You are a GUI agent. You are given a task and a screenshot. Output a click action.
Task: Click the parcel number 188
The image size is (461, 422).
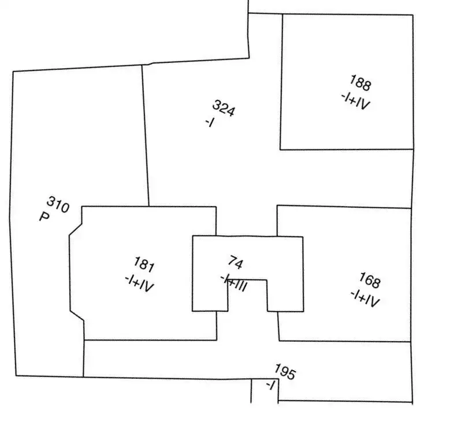point(360,83)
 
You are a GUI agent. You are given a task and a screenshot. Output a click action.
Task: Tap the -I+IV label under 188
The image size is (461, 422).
point(355,101)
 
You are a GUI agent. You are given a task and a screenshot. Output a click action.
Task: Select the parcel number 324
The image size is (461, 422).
point(224,108)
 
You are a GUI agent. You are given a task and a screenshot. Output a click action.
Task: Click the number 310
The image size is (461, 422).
point(58,204)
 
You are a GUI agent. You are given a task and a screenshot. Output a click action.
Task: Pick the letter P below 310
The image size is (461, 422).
point(44,217)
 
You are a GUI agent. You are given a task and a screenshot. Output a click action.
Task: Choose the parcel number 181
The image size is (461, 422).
point(144,264)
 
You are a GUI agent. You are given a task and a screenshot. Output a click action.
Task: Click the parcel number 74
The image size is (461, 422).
point(236,262)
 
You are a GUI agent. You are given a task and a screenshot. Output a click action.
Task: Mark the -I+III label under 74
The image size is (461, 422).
point(234,283)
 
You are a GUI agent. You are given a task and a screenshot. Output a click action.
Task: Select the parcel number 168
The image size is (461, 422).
point(370,280)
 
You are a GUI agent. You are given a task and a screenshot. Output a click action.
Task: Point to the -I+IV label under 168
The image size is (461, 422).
point(365,298)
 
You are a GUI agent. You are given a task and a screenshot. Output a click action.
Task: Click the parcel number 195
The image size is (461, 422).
point(285,372)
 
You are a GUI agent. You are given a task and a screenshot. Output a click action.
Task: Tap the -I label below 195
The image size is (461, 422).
point(270,385)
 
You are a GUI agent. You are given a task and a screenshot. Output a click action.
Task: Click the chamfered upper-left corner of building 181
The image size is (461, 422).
point(76,230)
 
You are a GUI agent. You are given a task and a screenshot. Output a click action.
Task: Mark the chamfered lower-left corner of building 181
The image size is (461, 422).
point(77,316)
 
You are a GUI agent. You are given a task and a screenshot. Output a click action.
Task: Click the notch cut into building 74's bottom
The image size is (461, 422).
point(248,296)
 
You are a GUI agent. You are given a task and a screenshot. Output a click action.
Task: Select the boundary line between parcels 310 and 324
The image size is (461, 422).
point(146,136)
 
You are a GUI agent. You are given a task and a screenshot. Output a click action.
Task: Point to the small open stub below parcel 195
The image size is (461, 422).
point(265,391)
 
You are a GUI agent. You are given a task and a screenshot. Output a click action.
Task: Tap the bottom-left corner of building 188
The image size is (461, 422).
point(280,150)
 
